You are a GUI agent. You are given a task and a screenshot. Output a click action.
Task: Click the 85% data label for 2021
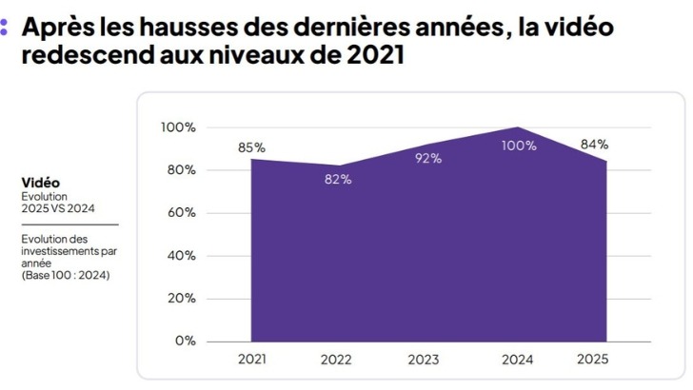252,147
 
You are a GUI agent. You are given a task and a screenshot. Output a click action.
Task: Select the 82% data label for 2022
338,180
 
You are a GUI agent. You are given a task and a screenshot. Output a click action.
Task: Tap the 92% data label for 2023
428,158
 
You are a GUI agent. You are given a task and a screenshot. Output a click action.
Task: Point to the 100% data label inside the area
518,146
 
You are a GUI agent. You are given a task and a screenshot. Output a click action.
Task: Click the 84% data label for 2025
594,145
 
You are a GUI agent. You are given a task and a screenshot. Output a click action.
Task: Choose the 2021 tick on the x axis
252,360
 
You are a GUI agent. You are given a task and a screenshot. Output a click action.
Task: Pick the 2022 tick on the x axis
338,360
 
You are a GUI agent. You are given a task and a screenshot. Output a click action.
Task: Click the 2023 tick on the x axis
424,360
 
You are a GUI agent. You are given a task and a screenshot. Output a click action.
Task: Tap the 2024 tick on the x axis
518,360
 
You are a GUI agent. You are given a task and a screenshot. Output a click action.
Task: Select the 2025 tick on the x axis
592,360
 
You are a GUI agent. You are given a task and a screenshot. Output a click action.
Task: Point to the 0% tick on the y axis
185,341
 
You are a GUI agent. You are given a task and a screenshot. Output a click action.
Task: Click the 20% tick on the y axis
181,298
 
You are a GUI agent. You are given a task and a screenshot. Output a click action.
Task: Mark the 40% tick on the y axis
181,255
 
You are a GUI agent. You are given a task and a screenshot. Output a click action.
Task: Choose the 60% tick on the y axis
181,212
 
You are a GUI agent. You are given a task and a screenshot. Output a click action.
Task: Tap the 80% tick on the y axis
181,170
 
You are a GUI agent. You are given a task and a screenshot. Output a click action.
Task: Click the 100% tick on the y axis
178,127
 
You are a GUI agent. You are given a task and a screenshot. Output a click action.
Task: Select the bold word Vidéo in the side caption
40,182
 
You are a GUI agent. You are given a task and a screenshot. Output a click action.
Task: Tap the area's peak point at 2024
518,127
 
